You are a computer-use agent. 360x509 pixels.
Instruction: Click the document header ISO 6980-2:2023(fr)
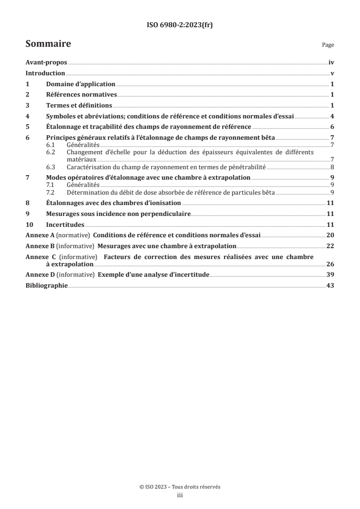tap(180, 25)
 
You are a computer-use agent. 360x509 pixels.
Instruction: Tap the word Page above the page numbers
tap(328, 45)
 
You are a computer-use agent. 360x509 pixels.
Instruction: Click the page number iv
tap(331, 64)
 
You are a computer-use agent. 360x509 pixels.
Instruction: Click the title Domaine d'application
tap(80, 84)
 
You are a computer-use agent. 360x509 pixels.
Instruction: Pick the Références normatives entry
tap(82, 95)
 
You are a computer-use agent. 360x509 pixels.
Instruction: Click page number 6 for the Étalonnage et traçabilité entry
tap(332, 127)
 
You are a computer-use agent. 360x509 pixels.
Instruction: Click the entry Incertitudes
tap(65, 225)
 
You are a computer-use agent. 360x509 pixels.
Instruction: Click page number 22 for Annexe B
tap(330, 246)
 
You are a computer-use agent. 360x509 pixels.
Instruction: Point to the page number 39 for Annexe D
tap(330, 275)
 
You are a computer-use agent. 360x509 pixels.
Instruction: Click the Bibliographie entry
tap(47, 285)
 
